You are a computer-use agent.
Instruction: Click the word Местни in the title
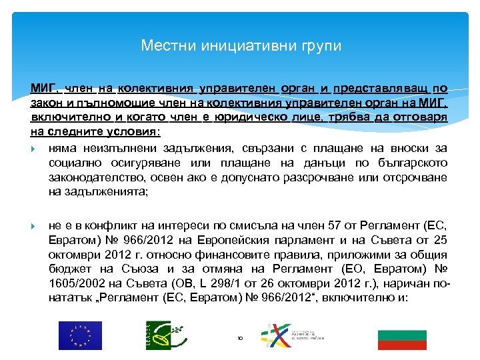point(161,46)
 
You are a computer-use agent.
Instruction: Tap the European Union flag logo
point(80,335)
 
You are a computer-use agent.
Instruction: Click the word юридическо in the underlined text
point(255,117)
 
